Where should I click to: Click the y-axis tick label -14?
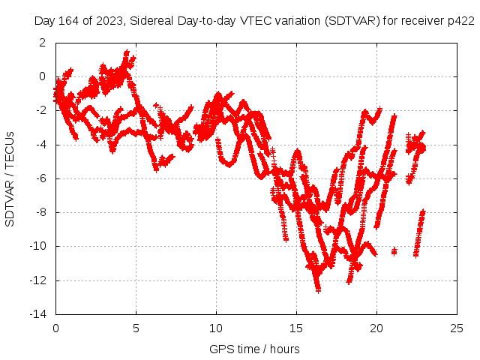(38, 315)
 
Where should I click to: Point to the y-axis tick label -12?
(38, 280)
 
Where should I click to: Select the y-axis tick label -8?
(40, 212)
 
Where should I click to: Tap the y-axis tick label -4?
(40, 144)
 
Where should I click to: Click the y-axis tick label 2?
(43, 42)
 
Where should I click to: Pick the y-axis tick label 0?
(43, 76)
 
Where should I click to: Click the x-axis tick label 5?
(136, 328)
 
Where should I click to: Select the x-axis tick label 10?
(216, 328)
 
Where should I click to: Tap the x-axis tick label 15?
(296, 328)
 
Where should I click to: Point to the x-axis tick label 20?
(376, 328)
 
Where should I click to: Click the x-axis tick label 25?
(457, 328)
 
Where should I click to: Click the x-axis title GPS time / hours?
(254, 349)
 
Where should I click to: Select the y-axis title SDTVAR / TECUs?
(10, 179)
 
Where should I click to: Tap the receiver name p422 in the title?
(460, 20)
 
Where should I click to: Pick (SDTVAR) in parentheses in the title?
(351, 20)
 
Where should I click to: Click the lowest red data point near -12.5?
(318, 289)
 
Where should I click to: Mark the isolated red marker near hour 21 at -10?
(394, 250)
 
